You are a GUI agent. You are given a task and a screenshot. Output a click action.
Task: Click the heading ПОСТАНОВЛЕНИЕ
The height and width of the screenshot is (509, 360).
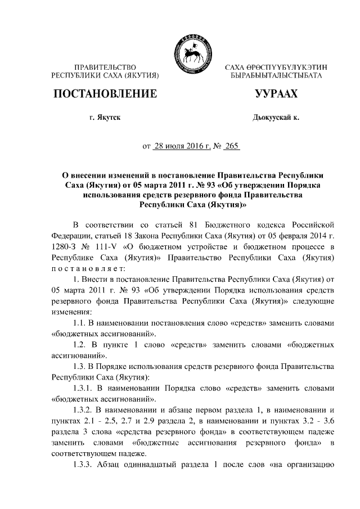click(x=105, y=94)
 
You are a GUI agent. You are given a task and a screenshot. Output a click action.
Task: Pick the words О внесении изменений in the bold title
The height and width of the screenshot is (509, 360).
click(x=110, y=175)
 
